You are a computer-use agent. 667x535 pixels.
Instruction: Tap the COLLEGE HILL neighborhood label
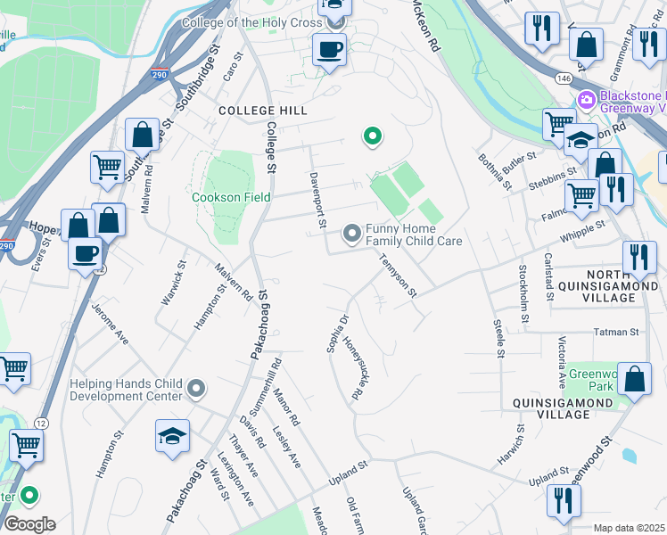(263, 111)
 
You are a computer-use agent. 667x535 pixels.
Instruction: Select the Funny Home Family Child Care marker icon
(352, 234)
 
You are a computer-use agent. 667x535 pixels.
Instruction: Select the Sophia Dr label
(337, 333)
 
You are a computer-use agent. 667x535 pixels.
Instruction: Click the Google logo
(29, 523)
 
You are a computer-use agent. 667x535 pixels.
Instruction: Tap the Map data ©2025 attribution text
(629, 528)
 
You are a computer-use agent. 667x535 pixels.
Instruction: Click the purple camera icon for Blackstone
(587, 98)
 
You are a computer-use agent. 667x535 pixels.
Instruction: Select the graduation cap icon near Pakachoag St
(172, 436)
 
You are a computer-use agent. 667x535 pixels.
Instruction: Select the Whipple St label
(583, 231)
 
